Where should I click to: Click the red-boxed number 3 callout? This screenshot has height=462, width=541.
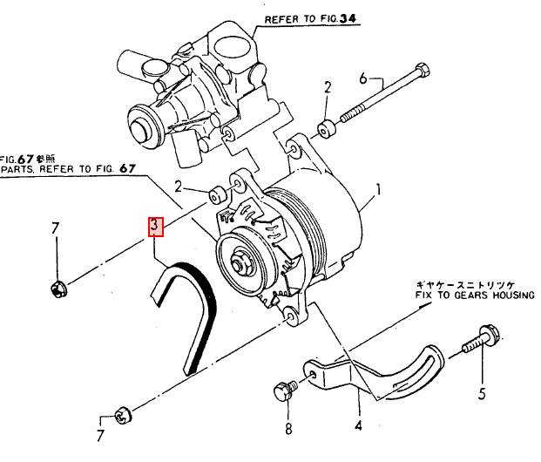click(x=155, y=228)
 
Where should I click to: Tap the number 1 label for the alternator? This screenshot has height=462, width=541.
click(x=379, y=189)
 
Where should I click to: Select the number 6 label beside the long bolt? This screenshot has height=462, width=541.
click(x=364, y=79)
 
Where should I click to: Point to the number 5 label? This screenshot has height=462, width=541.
click(x=482, y=394)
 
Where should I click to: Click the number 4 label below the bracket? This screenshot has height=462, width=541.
click(x=357, y=427)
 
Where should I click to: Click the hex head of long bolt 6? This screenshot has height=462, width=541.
click(x=423, y=69)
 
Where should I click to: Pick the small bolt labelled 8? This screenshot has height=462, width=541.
click(x=284, y=390)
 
